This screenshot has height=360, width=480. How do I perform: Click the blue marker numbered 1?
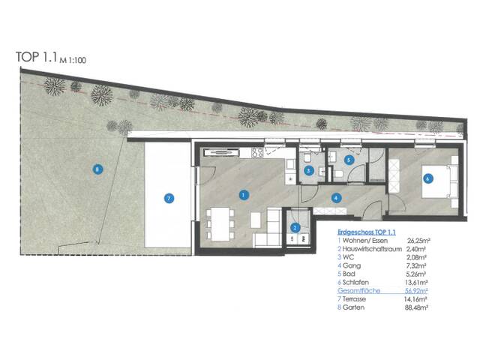(244, 195)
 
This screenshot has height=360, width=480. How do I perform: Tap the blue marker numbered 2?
(295, 227)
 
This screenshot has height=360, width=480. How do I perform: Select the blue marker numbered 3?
(308, 171)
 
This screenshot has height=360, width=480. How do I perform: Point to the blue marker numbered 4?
(336, 198)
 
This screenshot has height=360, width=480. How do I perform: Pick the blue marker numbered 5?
(349, 160)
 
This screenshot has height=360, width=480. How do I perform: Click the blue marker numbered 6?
(428, 178)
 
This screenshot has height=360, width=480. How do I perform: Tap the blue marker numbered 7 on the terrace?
(169, 198)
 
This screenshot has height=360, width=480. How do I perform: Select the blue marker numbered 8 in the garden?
(97, 169)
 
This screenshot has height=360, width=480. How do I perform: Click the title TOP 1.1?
(37, 57)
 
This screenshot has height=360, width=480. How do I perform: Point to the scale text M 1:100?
(73, 60)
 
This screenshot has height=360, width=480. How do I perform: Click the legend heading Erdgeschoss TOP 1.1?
(367, 232)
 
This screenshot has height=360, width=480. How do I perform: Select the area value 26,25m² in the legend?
(417, 241)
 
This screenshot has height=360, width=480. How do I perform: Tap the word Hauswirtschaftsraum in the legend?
(372, 249)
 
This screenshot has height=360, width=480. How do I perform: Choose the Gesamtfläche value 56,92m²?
(416, 290)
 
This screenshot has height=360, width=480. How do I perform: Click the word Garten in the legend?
(353, 307)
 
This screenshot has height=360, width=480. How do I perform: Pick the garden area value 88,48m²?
(416, 307)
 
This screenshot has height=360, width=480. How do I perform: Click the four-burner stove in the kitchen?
(257, 152)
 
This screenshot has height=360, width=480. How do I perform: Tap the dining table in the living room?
(220, 224)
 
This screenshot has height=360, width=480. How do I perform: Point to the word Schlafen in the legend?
(355, 282)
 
